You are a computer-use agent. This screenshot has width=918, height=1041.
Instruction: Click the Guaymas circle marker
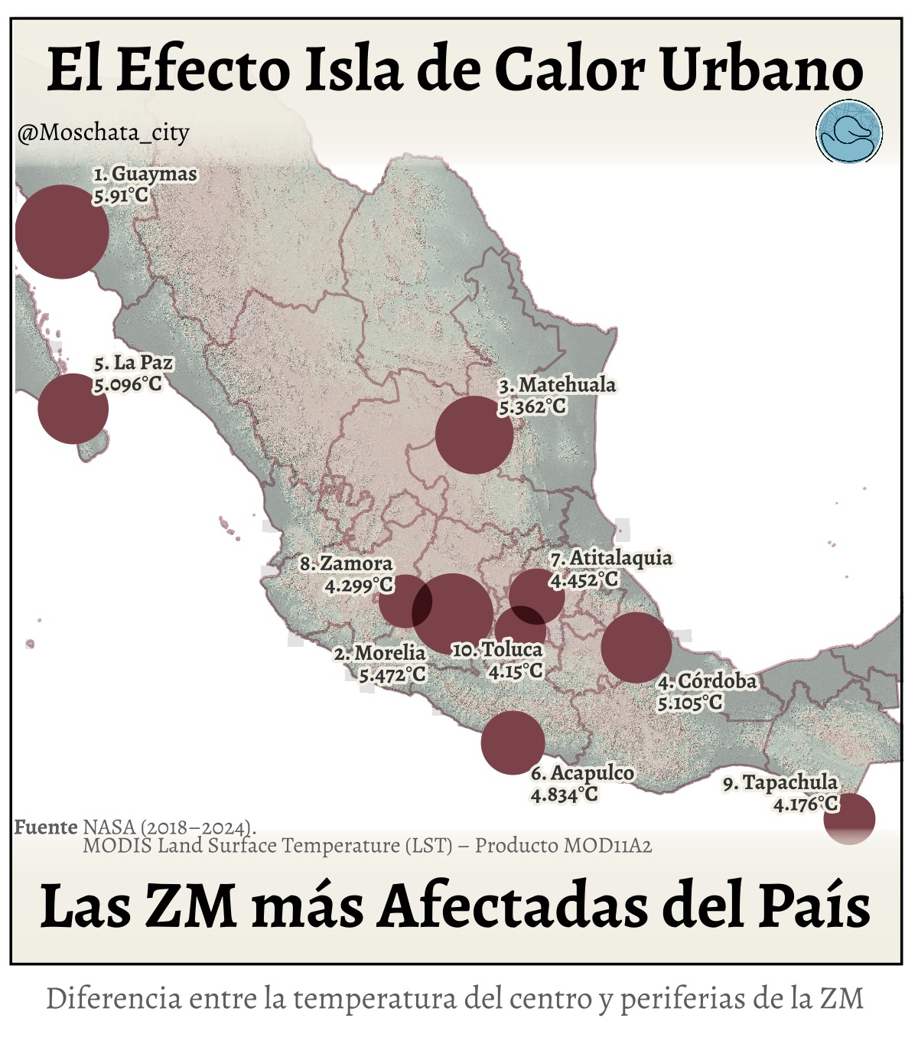coord(62,231)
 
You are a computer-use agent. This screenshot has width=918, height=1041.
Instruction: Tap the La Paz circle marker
coord(73,409)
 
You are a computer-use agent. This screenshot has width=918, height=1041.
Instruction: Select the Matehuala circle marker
coord(474,435)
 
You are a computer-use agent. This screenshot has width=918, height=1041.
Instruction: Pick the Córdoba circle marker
coord(636,648)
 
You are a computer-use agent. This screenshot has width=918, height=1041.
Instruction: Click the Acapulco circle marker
coord(513,742)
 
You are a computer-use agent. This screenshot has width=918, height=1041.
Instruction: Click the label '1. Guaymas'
coord(145,175)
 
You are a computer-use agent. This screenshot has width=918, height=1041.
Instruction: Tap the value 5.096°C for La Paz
coord(128,384)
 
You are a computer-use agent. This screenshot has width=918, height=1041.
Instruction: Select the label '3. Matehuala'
coord(558,385)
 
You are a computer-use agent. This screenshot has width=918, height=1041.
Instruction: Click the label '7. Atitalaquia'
coord(611,558)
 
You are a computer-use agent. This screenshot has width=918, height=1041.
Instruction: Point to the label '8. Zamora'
coord(346,563)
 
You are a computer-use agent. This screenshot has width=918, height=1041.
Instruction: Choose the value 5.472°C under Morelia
coord(392,674)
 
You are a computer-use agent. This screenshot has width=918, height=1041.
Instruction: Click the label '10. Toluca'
coord(497,650)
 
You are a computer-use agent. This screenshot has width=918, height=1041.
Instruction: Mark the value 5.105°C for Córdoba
coord(689,702)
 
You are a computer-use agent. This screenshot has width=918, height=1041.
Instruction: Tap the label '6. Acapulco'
coord(582,773)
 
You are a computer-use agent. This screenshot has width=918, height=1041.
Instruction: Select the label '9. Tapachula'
coord(780,783)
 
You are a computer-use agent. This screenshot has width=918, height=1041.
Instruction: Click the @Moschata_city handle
coord(103,133)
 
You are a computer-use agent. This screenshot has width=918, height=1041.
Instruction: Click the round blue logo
coord(849,132)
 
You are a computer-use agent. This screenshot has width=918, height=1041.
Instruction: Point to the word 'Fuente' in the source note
coord(46,827)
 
